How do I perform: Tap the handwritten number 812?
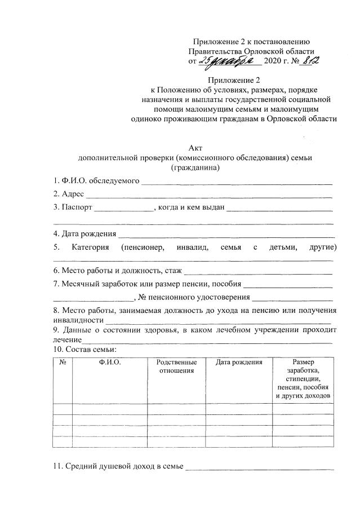[309, 60]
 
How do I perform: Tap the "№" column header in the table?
[63, 362]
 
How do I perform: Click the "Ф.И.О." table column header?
[109, 362]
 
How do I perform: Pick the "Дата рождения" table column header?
[239, 362]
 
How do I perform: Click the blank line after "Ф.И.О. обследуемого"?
[237, 183]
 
